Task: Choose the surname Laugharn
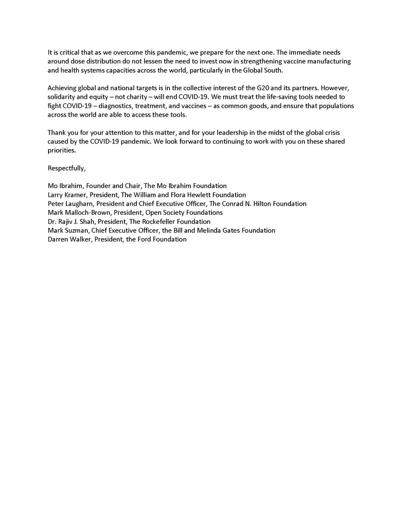[80, 203]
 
